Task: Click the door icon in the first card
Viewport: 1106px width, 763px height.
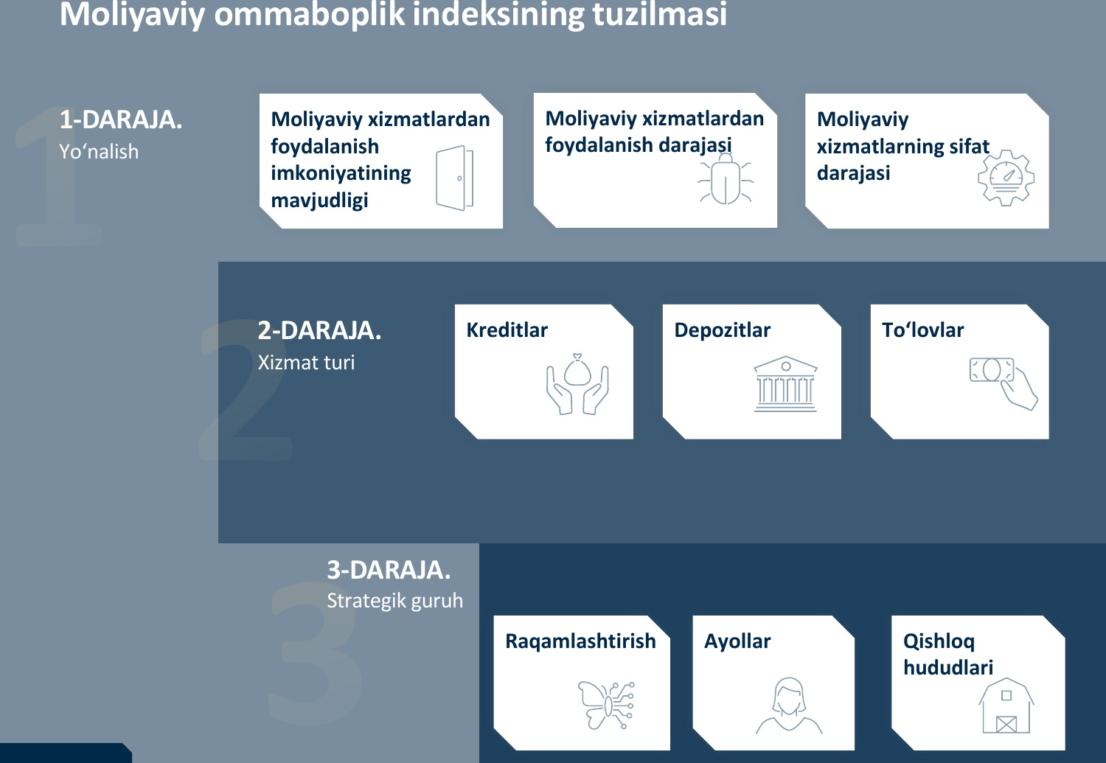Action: click(454, 178)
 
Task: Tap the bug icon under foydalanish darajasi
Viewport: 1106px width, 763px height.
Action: click(726, 178)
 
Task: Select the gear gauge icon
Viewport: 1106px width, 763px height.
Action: click(1006, 178)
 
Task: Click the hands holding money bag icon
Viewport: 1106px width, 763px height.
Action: click(577, 384)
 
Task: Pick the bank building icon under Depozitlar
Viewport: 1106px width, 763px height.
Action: click(785, 384)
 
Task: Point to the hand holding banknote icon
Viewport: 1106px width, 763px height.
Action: click(1004, 383)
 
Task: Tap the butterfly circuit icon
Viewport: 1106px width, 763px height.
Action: click(606, 705)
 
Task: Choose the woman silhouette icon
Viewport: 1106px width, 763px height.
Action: click(788, 705)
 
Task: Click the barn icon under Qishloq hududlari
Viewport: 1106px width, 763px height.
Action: click(1006, 705)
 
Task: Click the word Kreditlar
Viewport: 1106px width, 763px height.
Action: click(507, 330)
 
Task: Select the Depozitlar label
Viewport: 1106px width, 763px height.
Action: click(723, 331)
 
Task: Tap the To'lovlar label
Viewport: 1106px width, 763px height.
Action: click(923, 330)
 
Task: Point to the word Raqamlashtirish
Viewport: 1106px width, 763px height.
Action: click(581, 641)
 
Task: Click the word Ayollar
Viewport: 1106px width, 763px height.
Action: click(737, 641)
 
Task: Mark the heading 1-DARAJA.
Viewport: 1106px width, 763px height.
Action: click(121, 120)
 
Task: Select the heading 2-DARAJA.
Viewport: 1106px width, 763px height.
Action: click(319, 331)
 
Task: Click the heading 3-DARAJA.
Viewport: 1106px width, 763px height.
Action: click(389, 570)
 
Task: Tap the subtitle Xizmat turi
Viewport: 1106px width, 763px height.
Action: click(306, 363)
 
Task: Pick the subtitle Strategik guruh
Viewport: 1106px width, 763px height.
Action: click(395, 601)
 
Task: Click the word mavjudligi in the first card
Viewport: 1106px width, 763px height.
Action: click(319, 201)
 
